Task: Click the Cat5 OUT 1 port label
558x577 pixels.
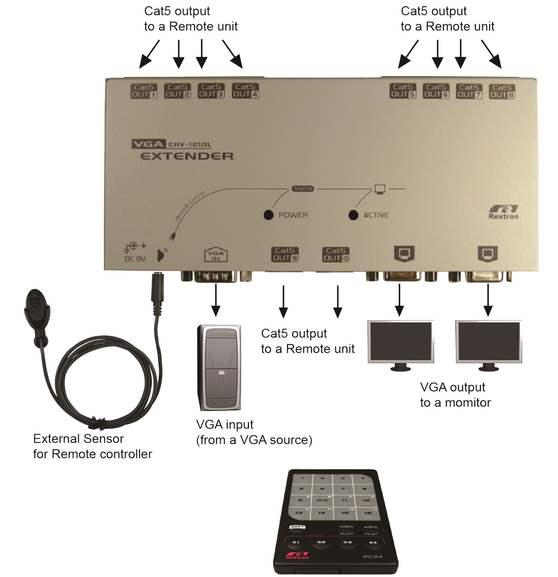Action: click(144, 91)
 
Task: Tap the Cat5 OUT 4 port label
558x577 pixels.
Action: click(246, 91)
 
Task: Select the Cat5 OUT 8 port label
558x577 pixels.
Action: click(502, 92)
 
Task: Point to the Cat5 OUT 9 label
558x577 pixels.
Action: click(285, 254)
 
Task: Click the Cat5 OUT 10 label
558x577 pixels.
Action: click(336, 255)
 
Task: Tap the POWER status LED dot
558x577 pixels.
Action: click(269, 215)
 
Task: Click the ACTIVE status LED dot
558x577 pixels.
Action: click(353, 215)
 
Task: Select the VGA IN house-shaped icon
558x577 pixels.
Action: click(216, 255)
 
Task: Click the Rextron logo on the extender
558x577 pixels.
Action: click(503, 212)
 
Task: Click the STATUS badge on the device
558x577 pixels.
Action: click(303, 189)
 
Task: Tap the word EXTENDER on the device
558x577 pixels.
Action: click(187, 156)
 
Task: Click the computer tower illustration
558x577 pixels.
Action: click(219, 367)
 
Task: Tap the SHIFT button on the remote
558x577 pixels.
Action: click(297, 527)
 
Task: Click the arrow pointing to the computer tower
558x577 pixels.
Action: click(216, 300)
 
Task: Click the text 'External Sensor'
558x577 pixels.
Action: click(79, 439)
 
